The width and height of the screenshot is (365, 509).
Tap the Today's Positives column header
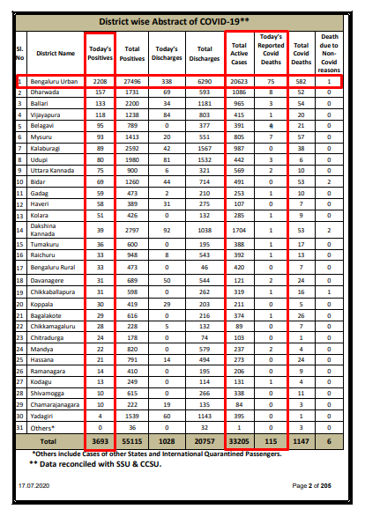(x=100, y=52)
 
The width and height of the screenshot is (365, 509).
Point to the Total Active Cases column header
(x=238, y=52)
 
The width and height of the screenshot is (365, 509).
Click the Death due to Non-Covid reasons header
(x=329, y=52)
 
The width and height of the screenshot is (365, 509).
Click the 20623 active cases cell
(x=238, y=81)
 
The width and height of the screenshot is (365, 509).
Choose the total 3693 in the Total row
(x=100, y=438)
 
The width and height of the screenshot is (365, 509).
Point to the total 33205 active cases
(x=238, y=438)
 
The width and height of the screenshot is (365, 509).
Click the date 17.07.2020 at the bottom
(x=34, y=485)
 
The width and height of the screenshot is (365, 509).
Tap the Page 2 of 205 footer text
(x=313, y=485)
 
